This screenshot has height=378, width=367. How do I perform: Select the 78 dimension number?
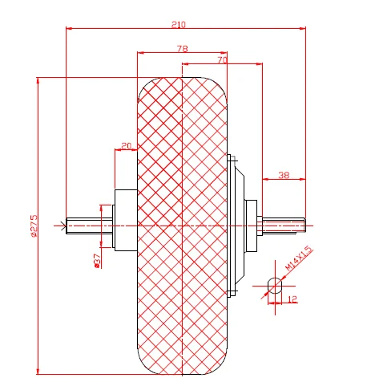[182, 49]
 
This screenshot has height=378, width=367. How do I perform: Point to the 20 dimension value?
[126, 146]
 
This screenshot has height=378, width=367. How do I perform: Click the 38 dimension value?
[283, 174]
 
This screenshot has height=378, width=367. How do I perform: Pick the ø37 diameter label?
[97, 260]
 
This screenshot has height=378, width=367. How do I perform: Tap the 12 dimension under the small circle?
[291, 299]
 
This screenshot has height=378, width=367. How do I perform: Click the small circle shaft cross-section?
[274, 285]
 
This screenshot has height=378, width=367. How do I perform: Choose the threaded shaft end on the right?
[284, 226]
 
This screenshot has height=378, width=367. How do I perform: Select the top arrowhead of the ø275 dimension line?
[38, 80]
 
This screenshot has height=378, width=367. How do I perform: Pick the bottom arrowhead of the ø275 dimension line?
[38, 370]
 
